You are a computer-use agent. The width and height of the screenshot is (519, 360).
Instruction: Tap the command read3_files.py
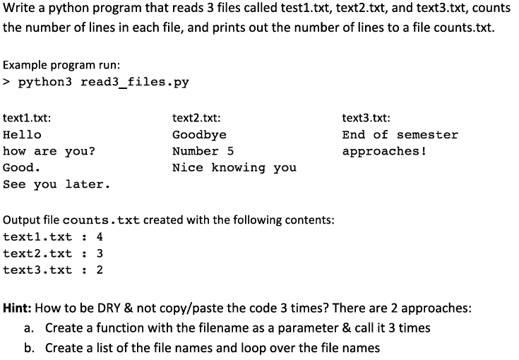pyautogui.click(x=135, y=82)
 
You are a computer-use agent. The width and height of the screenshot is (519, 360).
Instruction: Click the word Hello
pyautogui.click(x=23, y=135)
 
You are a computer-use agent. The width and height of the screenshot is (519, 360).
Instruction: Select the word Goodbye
pyautogui.click(x=199, y=135)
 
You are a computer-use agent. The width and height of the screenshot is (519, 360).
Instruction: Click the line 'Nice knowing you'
pyautogui.click(x=234, y=168)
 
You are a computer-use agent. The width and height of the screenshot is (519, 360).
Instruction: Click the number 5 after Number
pyautogui.click(x=230, y=152)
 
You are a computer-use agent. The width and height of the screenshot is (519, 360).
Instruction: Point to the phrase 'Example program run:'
pyautogui.click(x=55, y=64)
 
